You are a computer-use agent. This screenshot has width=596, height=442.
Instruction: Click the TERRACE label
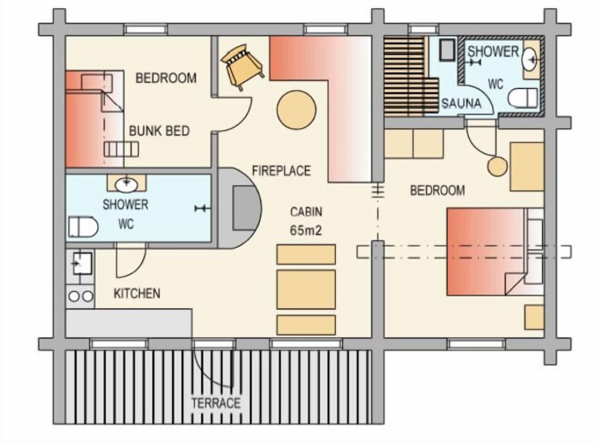pos(216,403)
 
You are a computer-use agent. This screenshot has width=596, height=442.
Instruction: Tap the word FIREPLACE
pos(281,171)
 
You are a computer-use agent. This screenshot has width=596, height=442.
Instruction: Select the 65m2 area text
pos(306,231)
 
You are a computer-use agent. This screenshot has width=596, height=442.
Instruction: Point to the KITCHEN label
pos(136,293)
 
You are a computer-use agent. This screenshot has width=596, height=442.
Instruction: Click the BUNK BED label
pos(159,131)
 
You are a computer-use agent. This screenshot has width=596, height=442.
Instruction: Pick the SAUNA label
pos(461,104)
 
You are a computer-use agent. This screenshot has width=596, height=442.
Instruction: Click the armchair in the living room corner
pos(242,66)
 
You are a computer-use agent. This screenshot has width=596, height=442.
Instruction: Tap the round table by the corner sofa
pos(296,110)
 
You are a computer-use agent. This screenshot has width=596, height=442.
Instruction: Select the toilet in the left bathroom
pos(83,226)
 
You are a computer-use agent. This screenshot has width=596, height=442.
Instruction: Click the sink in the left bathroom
pos(126,183)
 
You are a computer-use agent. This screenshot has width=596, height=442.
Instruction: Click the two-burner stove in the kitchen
pos(81,295)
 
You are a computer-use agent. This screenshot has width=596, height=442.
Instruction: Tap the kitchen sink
pos(80,262)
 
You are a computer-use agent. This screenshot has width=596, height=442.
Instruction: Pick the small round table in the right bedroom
pos(496,167)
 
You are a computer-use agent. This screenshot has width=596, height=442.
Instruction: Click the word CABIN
pos(306,211)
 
